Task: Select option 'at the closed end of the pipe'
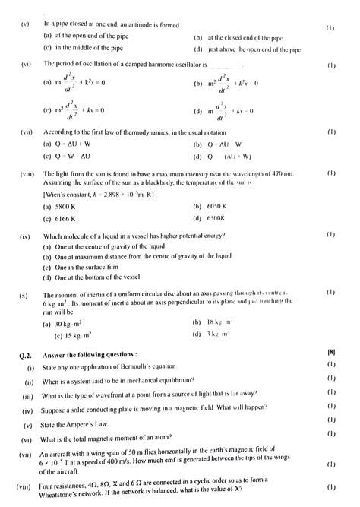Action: tap(241, 36)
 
